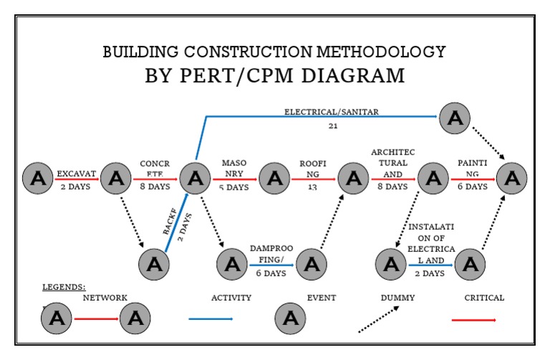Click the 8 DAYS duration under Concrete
click(x=155, y=187)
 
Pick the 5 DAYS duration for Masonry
click(x=233, y=188)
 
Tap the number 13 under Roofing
click(x=312, y=188)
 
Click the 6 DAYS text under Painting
click(x=472, y=187)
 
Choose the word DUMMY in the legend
click(x=395, y=298)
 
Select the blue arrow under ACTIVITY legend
click(x=211, y=319)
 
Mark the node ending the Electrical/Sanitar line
click(x=455, y=117)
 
